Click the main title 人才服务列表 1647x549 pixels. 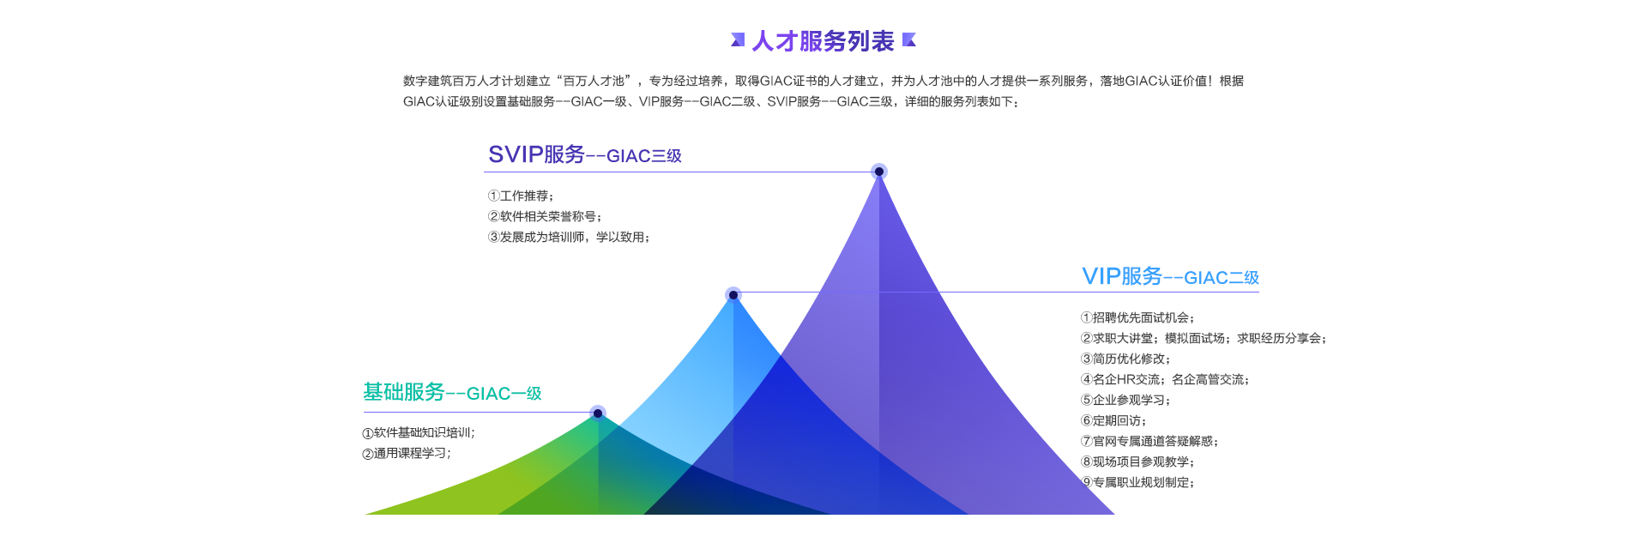[823, 41]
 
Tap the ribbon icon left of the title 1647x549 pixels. [738, 39]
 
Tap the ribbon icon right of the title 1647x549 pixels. [909, 39]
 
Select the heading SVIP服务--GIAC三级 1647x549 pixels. [585, 154]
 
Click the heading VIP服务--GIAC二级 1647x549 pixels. [1170, 276]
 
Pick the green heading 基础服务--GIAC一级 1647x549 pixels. [452, 392]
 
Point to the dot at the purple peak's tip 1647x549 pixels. [879, 172]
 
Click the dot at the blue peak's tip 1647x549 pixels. [733, 295]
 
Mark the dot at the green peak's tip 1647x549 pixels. [598, 413]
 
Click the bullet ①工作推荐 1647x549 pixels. [521, 196]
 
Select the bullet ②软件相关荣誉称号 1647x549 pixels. [545, 217]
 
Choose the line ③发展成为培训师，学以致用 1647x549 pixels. [569, 238]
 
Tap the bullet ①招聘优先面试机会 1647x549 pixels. [1137, 318]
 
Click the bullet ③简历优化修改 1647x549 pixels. [1125, 359]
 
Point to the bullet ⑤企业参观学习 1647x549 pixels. [1125, 401]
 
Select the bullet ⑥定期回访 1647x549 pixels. [1113, 421]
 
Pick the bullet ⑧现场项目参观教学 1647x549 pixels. [1137, 462]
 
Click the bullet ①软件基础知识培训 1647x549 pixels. [419, 433]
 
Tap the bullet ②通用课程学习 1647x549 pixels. [407, 454]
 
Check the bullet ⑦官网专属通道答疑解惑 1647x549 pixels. [1149, 442]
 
